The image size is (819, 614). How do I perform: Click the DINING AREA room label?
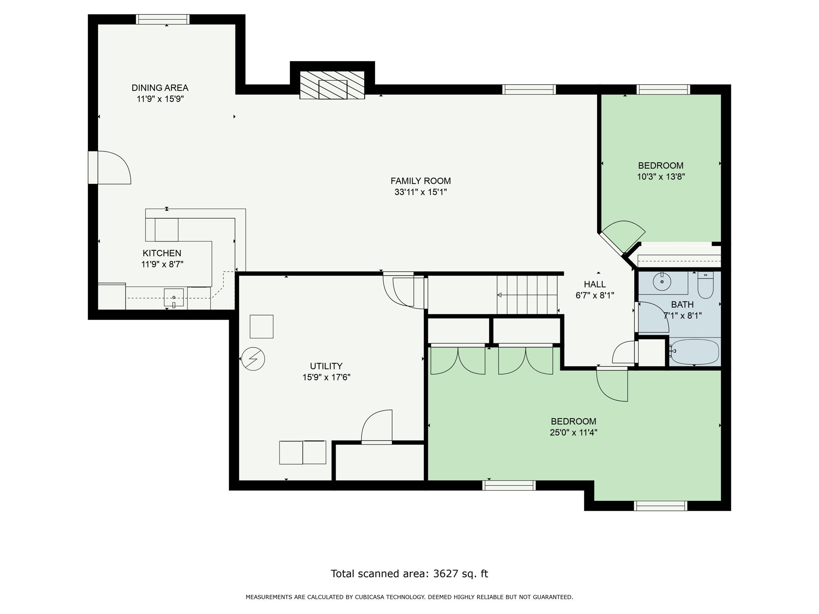coord(160,88)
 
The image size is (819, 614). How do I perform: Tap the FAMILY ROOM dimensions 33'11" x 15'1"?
coord(420,192)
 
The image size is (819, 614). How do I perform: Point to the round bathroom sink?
coord(662,282)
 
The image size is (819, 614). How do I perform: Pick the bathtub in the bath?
coord(695,352)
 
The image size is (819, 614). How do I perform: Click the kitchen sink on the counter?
coord(174,297)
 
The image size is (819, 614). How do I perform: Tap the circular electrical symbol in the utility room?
coord(253,359)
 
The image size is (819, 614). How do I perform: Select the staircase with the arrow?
coord(527,295)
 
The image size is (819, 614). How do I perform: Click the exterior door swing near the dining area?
coord(114,168)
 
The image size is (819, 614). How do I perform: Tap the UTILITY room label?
coord(326,366)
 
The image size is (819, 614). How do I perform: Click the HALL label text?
coord(595,285)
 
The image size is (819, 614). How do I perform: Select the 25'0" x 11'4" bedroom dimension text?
coord(573,433)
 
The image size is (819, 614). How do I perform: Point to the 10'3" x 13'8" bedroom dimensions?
coord(661,177)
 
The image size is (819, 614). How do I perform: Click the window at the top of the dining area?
coord(162,19)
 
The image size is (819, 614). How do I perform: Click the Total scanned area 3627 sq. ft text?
coord(409,574)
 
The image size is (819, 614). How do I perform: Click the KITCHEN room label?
coord(162,253)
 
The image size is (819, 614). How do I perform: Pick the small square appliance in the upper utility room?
coord(262,327)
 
